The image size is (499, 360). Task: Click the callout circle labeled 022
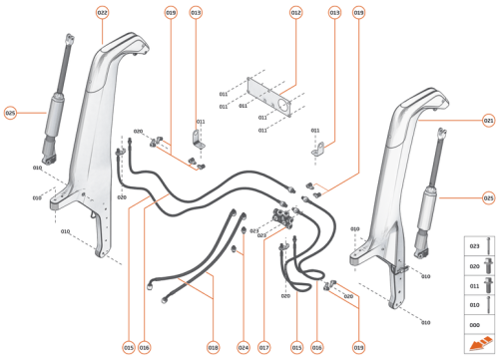click(103, 12)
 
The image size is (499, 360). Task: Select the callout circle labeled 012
click(295, 12)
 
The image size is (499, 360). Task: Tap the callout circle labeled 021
click(488, 121)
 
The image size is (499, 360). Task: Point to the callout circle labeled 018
click(213, 347)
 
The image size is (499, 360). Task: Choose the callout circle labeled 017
click(264, 347)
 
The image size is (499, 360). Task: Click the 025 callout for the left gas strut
click(11, 113)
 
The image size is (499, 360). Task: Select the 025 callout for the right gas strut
click(488, 196)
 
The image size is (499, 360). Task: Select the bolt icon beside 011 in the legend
click(487, 286)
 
